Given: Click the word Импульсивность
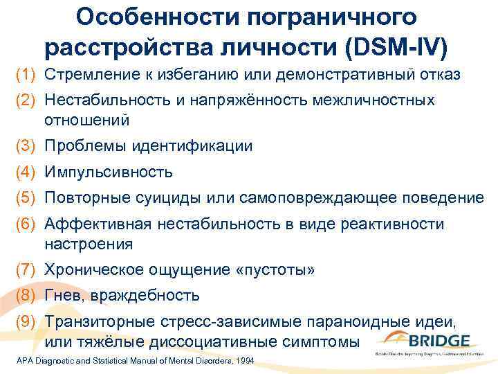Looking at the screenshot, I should [109, 172].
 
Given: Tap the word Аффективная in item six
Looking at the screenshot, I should [98, 224].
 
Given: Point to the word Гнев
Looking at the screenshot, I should [66, 296].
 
